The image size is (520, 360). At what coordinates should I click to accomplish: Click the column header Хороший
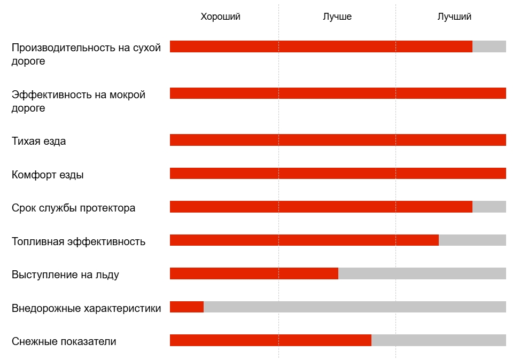[220, 17]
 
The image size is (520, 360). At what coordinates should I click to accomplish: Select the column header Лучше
[337, 17]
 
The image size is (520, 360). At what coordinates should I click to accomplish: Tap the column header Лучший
[454, 17]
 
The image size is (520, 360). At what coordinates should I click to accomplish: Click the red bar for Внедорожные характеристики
[187, 307]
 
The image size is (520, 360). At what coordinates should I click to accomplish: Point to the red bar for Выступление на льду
[254, 273]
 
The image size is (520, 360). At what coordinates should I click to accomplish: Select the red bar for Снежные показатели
[270, 340]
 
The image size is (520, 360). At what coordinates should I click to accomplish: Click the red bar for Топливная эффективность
[304, 240]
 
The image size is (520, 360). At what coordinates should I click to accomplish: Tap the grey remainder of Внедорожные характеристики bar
[355, 307]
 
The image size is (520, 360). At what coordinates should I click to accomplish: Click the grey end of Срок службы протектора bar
[489, 207]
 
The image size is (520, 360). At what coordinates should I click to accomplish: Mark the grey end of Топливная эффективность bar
[472, 240]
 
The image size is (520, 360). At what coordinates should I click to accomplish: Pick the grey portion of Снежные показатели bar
[439, 340]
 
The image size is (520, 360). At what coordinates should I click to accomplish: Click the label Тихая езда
[39, 142]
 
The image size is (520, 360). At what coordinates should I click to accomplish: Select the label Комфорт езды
[48, 175]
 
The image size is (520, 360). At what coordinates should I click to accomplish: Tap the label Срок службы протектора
[74, 208]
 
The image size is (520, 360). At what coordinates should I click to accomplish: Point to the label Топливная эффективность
[79, 241]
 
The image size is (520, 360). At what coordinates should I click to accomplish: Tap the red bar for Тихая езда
[338, 140]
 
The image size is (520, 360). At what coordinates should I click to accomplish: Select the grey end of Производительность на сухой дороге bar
[489, 46]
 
